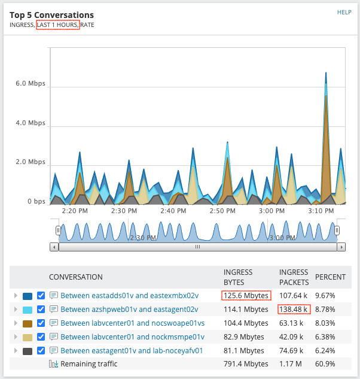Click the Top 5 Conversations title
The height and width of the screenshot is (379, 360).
(x=51, y=14)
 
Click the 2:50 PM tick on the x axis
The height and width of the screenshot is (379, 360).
(x=222, y=211)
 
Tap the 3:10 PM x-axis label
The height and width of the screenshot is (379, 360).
(x=321, y=211)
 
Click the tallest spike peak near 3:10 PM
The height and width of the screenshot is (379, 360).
(x=326, y=74)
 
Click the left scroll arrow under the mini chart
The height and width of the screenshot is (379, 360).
(x=54, y=247)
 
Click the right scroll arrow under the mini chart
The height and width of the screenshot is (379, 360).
(x=341, y=247)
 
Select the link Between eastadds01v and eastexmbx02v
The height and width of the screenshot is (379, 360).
(x=129, y=295)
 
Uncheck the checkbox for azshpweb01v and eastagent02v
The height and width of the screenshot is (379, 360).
(x=41, y=310)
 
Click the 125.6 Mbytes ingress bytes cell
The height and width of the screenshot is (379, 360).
(x=246, y=295)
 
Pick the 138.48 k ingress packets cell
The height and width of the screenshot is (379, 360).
(x=294, y=310)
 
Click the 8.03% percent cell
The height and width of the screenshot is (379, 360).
(x=326, y=323)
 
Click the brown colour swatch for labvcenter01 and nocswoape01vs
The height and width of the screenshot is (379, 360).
(x=28, y=323)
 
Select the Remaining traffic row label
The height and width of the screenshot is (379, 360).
(x=89, y=364)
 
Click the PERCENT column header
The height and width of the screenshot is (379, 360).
(x=330, y=277)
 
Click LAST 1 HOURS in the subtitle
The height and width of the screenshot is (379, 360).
(x=58, y=25)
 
